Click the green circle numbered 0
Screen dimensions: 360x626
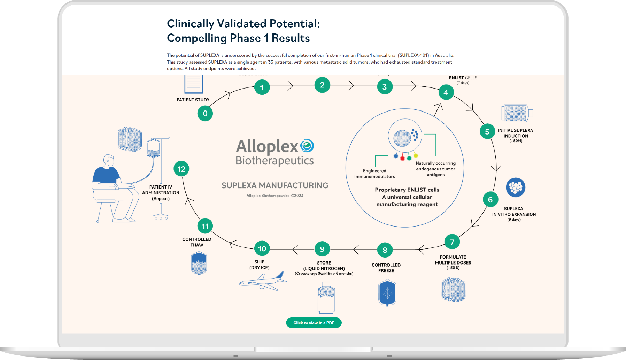(205, 114)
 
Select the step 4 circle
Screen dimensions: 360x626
(446, 93)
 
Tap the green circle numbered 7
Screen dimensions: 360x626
(452, 242)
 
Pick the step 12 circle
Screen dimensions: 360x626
(181, 169)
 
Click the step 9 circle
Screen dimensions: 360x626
(322, 249)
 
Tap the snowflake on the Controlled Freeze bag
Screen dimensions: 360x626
(387, 293)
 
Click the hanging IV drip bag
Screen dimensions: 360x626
(153, 149)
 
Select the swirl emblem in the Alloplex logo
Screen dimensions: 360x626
(307, 146)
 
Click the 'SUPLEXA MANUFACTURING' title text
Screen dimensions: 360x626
(275, 185)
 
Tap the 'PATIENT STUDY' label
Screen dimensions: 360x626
(193, 100)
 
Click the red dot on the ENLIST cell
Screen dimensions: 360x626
(402, 159)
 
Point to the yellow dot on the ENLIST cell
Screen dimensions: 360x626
(416, 156)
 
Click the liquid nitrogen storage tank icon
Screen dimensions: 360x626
(326, 299)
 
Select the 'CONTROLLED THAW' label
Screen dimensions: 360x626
(197, 242)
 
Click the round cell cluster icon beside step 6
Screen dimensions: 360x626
(516, 187)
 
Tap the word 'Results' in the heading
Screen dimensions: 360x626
(291, 38)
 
